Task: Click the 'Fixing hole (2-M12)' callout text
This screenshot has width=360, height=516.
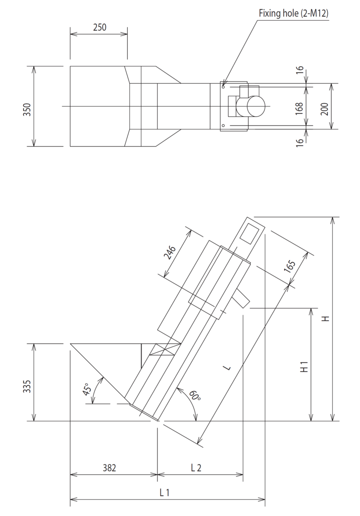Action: (293, 13)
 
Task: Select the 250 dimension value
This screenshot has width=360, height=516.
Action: (99, 27)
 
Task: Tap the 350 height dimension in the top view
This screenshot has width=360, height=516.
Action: (27, 106)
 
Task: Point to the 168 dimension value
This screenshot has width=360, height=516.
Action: (300, 106)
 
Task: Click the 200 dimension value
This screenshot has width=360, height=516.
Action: (325, 106)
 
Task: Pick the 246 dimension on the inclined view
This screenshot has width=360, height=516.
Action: (171, 253)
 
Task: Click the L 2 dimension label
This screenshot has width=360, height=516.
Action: (196, 468)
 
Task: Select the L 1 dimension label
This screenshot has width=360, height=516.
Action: (165, 493)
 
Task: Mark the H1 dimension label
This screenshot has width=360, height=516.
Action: (304, 368)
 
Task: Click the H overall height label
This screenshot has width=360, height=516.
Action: (326, 319)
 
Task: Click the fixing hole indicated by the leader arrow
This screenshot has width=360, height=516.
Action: (223, 87)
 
